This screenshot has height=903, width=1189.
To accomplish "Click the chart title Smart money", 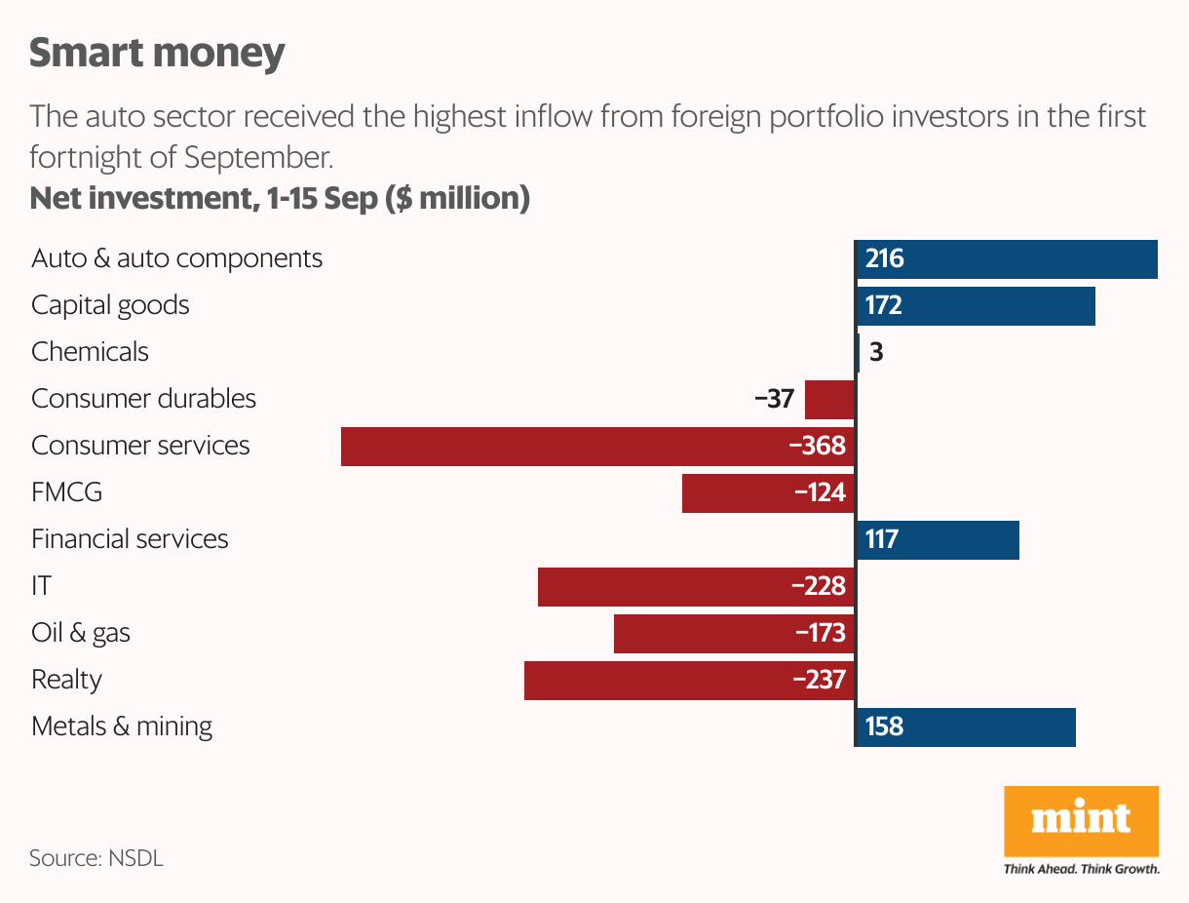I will [x=157, y=53].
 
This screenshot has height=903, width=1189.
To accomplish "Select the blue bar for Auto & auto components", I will [x=1007, y=259].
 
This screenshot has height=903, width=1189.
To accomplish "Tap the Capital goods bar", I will [x=976, y=306].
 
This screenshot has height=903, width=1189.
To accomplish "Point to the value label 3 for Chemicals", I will [x=876, y=352].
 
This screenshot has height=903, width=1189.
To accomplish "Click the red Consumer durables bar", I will [x=829, y=399].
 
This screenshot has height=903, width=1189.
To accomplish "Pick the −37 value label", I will [x=774, y=399].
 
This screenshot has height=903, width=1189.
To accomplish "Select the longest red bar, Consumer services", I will [x=596, y=446].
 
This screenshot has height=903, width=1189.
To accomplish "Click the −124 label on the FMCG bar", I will [x=820, y=492].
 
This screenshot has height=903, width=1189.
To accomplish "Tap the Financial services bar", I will [x=938, y=539].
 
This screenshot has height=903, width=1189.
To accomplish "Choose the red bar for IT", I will [x=696, y=586].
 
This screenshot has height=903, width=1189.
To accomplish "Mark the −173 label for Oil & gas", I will [x=820, y=633].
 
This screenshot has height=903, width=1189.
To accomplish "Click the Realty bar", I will [x=689, y=680].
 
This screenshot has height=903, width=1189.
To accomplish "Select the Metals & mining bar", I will [x=966, y=726].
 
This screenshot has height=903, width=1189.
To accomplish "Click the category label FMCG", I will [x=66, y=492].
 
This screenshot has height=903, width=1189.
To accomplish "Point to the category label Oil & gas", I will [x=81, y=633].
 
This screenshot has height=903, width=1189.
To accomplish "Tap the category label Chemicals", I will [x=90, y=352].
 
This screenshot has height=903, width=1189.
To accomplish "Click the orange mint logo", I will [x=1081, y=821].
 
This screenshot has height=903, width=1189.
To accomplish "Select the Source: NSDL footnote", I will [x=96, y=859].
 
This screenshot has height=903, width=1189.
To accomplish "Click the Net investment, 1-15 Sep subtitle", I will [x=280, y=198].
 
